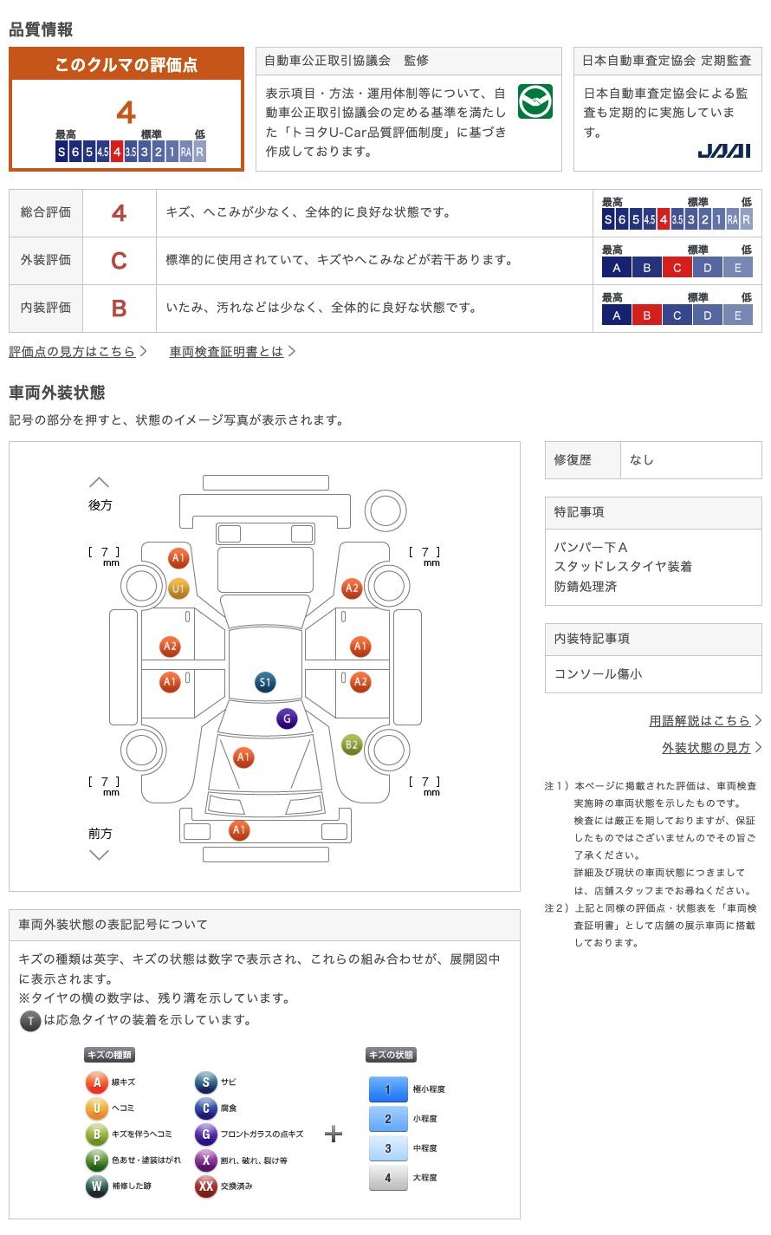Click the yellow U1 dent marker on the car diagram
tap(178, 589)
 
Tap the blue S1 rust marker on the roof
tap(265, 682)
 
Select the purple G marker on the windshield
tap(287, 718)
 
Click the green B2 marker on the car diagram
tap(352, 744)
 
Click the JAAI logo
tap(723, 152)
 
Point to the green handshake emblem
tap(535, 102)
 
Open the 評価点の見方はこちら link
tap(73, 351)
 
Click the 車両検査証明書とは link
tap(227, 351)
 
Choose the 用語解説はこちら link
tap(700, 720)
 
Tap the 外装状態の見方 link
tap(707, 747)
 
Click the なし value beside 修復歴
tap(642, 460)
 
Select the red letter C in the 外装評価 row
tap(119, 260)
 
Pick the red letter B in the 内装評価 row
tap(119, 308)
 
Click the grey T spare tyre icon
tap(30, 1021)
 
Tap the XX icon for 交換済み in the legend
tap(205, 1186)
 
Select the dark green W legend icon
tap(97, 1186)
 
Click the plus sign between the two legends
tap(334, 1134)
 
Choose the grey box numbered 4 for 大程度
tap(388, 1178)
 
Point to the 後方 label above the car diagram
tap(100, 505)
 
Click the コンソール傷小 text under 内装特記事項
tap(599, 673)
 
